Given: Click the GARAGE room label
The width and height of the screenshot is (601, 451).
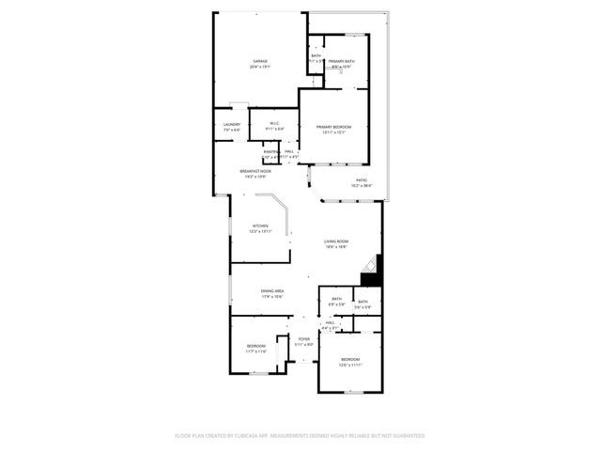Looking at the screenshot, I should point(259,62).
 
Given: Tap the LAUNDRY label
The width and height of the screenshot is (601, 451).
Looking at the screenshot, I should point(232,124).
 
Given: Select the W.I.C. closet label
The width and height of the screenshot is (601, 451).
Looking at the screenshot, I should point(274,123).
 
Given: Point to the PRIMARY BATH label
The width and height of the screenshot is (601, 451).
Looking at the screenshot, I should point(342,62).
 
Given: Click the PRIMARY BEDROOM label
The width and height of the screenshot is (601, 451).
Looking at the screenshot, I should point(333,127).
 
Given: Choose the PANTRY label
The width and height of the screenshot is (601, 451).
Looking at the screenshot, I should point(270,151).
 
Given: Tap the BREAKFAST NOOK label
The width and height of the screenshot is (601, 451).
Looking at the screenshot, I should point(255,171).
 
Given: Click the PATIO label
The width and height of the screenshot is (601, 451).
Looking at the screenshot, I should point(362,179).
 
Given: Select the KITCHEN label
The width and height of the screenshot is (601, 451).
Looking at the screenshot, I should point(260,225).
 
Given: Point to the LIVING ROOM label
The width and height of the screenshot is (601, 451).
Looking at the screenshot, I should point(336,242).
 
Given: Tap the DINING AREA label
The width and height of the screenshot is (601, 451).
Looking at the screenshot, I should point(273,291).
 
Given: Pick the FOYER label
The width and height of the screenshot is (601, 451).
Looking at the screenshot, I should point(304,338).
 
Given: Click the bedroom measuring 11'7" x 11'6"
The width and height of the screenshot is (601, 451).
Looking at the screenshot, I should point(256,347).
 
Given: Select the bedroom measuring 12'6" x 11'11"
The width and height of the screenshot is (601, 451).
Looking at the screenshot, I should point(349,360).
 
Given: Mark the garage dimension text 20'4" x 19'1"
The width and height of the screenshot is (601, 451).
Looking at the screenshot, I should point(259,68).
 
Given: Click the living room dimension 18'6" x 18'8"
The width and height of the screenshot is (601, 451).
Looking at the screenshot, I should point(336,248).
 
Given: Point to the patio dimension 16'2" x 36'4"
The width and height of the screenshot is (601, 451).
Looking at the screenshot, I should point(362,185).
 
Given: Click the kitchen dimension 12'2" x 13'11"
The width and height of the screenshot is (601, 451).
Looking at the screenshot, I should point(260,231).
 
